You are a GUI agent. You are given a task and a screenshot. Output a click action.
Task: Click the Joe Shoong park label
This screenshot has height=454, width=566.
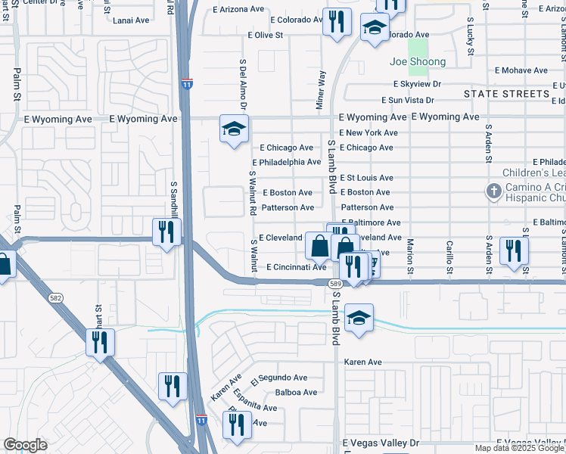tap(417, 61)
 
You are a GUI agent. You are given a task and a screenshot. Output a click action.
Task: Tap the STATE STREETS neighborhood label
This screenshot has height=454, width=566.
tap(507, 94)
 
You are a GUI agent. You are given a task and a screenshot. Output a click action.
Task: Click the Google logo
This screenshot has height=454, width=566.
tap(25, 445)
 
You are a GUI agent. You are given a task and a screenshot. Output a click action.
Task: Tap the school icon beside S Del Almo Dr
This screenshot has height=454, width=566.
tap(235, 129)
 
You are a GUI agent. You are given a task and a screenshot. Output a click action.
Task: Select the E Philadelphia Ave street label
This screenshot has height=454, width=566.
tap(286, 162)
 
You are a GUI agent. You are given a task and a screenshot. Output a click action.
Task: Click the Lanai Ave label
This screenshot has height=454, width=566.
tap(131, 20)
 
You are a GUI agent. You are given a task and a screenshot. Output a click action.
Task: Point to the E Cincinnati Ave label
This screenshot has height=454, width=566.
tap(297, 267)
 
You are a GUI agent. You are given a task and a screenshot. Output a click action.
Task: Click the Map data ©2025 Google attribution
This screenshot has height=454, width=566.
tap(519, 448)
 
